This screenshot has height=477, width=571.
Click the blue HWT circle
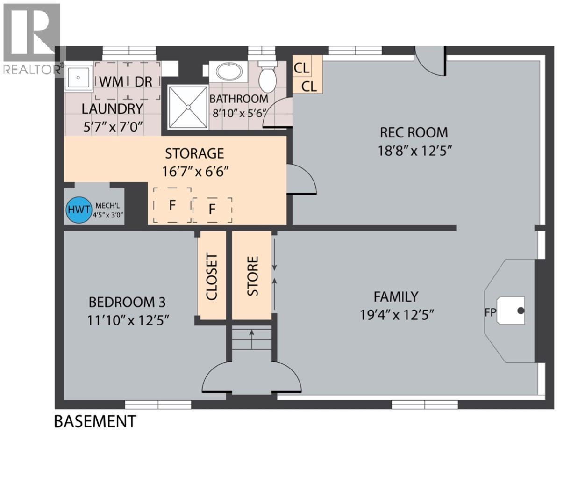(78, 210)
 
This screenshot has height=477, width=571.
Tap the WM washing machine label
(112, 81)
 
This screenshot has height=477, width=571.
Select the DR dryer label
(143, 81)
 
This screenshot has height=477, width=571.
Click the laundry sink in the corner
(78, 77)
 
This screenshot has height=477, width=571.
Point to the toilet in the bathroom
(268, 78)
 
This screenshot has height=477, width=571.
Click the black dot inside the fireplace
(521, 311)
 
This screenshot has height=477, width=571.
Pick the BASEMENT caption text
(95, 421)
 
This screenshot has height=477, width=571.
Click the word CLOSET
(212, 277)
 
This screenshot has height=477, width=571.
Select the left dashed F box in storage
(172, 205)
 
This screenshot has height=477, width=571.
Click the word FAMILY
(396, 296)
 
